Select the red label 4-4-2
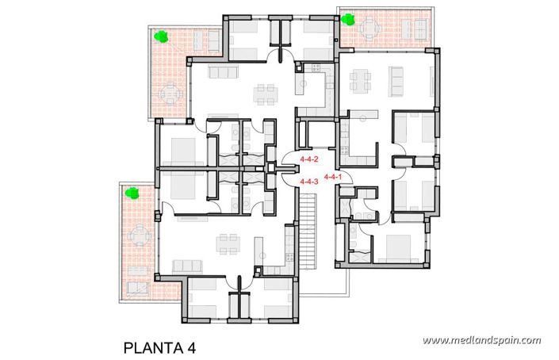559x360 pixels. (x=308, y=160)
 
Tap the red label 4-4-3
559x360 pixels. (x=308, y=182)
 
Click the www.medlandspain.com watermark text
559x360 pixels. (x=481, y=341)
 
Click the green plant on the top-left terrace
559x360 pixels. (x=162, y=36)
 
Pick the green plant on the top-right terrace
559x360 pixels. (x=347, y=21)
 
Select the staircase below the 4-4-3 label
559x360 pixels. (x=308, y=230)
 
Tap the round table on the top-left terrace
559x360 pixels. (x=168, y=94)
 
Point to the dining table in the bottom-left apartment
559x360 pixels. (x=229, y=240)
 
